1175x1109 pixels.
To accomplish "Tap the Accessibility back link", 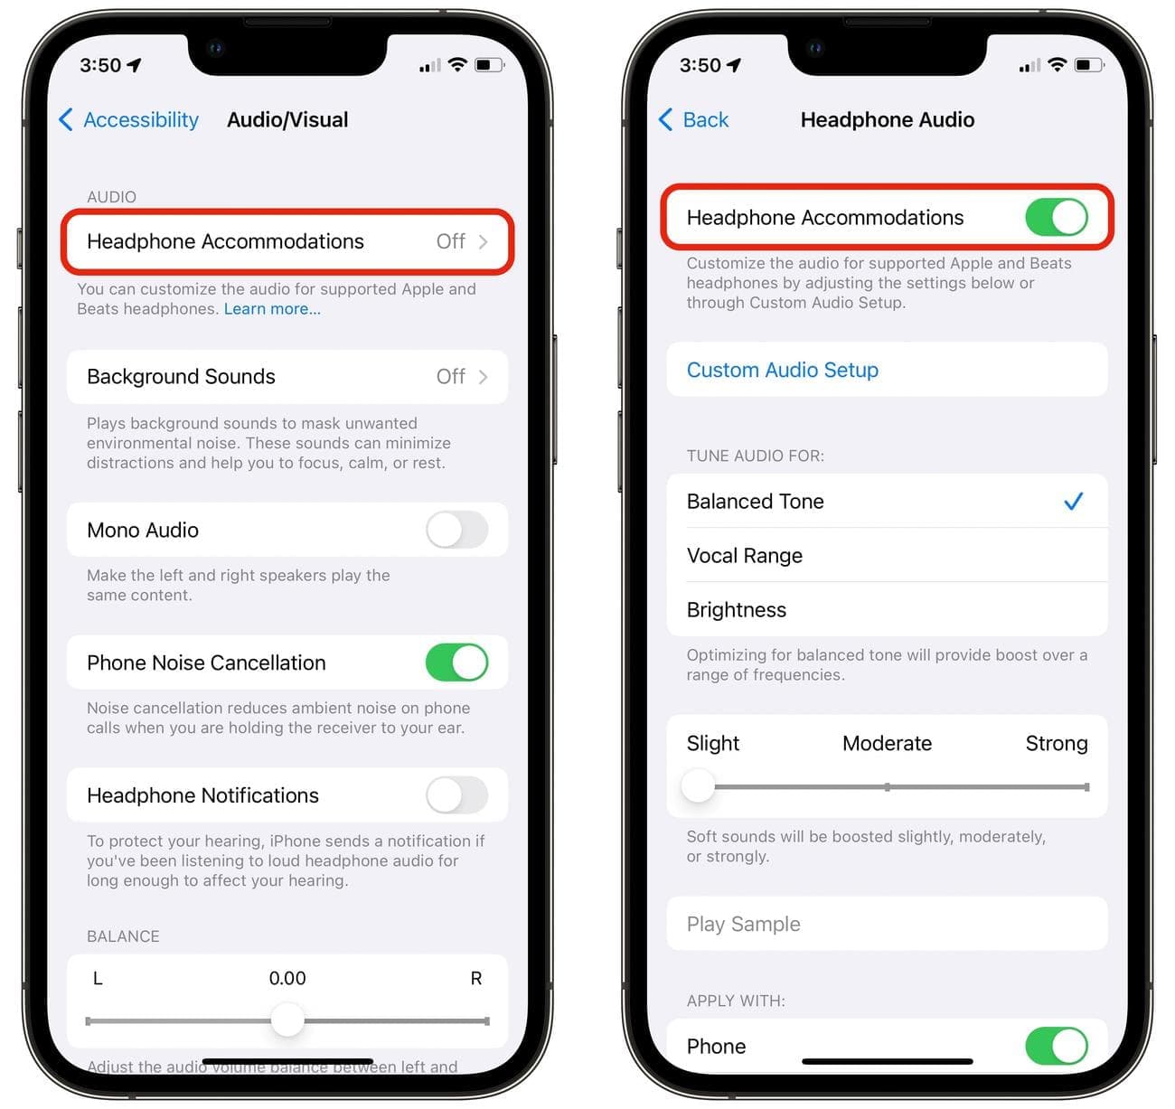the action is [129, 119].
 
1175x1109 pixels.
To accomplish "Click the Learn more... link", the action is [272, 309].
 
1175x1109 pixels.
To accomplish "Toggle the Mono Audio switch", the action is [456, 530].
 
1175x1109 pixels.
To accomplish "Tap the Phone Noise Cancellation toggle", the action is [456, 663].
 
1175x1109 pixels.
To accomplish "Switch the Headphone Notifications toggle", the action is [456, 794].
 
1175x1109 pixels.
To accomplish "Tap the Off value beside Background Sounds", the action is [451, 376].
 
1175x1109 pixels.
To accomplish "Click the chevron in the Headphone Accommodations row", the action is [484, 241].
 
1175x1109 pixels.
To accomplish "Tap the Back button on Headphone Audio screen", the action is [693, 119].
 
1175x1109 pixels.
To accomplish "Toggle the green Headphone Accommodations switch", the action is [1056, 217].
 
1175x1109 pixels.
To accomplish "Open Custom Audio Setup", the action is [782, 370].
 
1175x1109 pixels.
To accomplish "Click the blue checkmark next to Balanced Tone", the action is [1073, 502].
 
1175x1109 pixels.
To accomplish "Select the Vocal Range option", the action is [744, 556].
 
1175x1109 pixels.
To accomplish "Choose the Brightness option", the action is [736, 609].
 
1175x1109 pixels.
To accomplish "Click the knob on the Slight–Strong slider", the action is [698, 786].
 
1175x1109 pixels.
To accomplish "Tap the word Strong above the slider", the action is [1056, 743].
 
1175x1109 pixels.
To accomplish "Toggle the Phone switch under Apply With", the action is [1056, 1046].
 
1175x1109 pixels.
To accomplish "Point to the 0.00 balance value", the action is [287, 978].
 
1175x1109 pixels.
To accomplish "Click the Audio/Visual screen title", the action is [287, 119].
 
